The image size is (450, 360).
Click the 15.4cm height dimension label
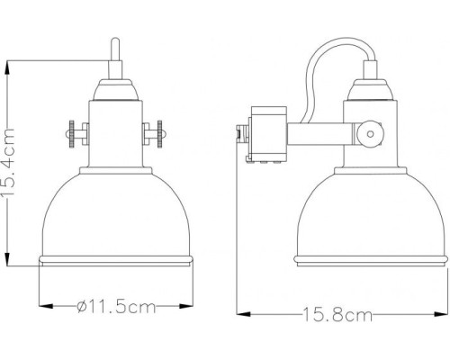tap(12, 166)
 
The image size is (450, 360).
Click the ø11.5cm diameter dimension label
tap(112, 308)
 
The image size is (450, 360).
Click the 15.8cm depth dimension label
tap(337, 315)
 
